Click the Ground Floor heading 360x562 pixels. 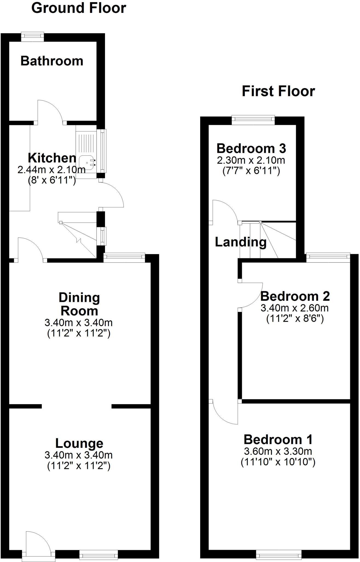[x=79, y=8]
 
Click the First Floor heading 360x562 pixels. [x=278, y=91]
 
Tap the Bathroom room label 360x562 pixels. [x=52, y=61]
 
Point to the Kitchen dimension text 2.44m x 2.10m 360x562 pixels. [x=52, y=170]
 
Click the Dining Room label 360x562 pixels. [x=79, y=304]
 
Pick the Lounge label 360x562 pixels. [x=79, y=443]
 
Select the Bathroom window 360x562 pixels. [x=33, y=37]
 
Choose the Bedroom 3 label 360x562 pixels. [x=251, y=148]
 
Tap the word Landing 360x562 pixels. [x=241, y=242]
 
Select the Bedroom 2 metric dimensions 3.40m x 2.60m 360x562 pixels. [x=294, y=308]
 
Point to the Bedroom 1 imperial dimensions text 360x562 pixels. [x=278, y=462]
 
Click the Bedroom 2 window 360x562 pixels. [x=328, y=257]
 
